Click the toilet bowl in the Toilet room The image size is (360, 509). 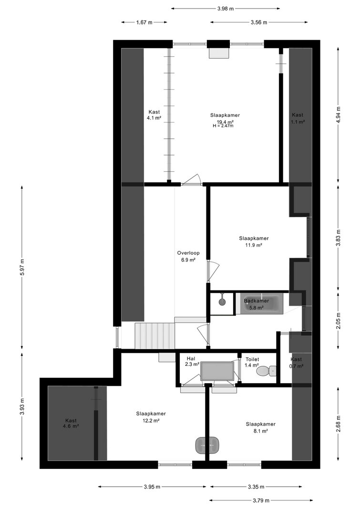[266, 370]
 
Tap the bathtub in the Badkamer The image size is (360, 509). [259, 303]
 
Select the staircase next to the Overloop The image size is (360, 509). [155, 336]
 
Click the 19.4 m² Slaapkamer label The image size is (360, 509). [225, 118]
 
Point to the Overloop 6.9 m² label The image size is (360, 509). [188, 257]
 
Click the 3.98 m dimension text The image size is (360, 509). [226, 9]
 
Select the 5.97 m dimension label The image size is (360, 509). [22, 267]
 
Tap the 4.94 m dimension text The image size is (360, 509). [338, 114]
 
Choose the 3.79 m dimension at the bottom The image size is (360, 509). [258, 500]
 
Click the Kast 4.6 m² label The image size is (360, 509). [71, 423]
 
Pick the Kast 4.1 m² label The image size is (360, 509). [154, 115]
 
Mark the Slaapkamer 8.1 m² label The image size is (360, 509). [260, 427]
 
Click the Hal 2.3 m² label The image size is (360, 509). [192, 362]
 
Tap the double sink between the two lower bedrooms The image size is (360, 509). [207, 445]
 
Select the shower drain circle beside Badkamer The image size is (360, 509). [222, 302]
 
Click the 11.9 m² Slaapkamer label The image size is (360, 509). [254, 241]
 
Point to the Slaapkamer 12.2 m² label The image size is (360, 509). [151, 417]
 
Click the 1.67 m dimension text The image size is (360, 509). [144, 22]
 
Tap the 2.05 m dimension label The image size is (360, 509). [338, 321]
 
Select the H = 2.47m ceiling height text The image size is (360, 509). [223, 126]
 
